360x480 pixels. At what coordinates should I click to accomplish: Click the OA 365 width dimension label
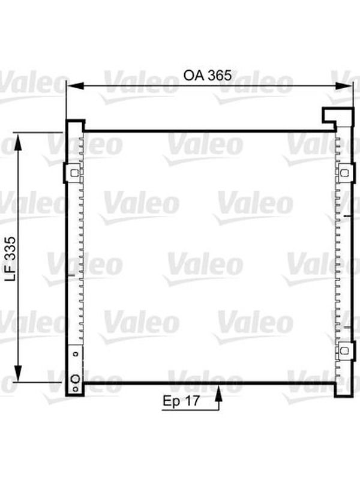(207, 76)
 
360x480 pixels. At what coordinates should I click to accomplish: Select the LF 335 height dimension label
(11, 258)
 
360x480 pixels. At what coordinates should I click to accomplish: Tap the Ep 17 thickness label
(181, 401)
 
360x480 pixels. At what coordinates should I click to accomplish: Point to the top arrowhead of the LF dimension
(19, 142)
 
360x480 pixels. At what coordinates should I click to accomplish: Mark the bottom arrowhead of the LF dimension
(19, 373)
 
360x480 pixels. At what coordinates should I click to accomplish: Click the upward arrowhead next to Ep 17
(218, 394)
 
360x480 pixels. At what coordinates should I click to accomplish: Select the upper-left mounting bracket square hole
(74, 173)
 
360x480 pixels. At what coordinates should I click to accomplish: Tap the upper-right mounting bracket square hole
(344, 173)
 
